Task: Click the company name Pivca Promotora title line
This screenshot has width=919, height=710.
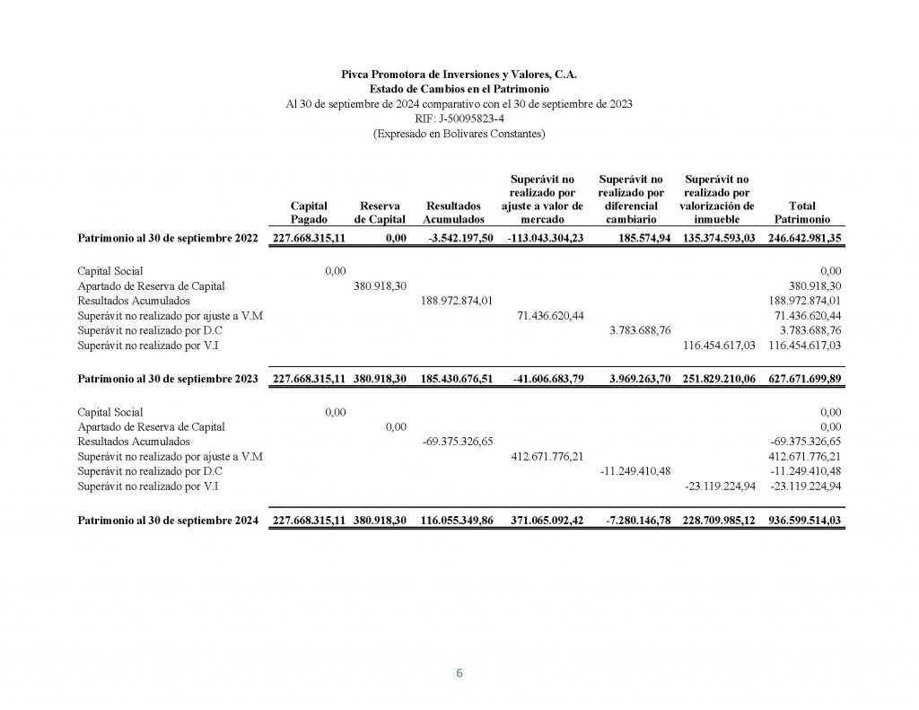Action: pos(459,75)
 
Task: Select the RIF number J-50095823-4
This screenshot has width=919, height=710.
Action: pos(459,118)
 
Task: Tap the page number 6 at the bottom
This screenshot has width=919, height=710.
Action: pos(459,674)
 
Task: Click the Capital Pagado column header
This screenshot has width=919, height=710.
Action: pos(309,212)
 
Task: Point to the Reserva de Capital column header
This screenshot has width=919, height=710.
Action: pos(380,212)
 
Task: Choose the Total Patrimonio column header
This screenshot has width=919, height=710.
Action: pos(801,212)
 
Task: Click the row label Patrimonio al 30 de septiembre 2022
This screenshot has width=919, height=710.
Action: pos(168,238)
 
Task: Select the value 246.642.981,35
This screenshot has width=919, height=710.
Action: pos(805,238)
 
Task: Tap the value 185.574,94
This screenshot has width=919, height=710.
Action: pos(640,238)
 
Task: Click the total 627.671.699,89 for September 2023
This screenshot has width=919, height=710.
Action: pos(805,379)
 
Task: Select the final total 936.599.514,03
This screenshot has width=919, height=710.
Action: pos(805,520)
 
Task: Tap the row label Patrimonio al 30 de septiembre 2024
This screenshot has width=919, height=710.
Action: pos(168,520)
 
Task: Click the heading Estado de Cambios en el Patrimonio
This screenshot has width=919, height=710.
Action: pos(459,89)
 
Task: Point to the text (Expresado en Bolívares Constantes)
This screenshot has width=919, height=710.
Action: pos(459,134)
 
